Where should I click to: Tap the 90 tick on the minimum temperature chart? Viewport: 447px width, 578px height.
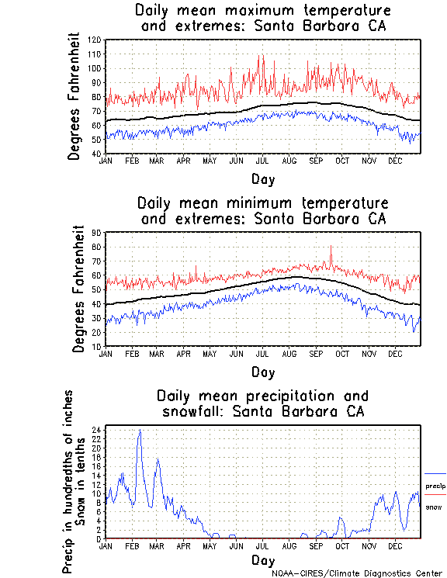(98, 233)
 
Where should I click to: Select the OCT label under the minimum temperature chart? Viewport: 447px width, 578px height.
(342, 353)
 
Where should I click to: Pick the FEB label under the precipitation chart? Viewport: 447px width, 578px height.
(132, 545)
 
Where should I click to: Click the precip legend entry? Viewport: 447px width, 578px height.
(435, 486)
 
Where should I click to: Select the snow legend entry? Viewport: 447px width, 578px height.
(435, 507)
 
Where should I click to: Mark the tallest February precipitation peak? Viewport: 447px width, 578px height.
(140, 430)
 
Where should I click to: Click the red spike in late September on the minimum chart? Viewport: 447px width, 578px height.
(331, 247)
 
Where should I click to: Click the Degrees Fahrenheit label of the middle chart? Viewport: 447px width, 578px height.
(78, 289)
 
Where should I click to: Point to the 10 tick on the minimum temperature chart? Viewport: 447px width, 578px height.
(98, 346)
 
